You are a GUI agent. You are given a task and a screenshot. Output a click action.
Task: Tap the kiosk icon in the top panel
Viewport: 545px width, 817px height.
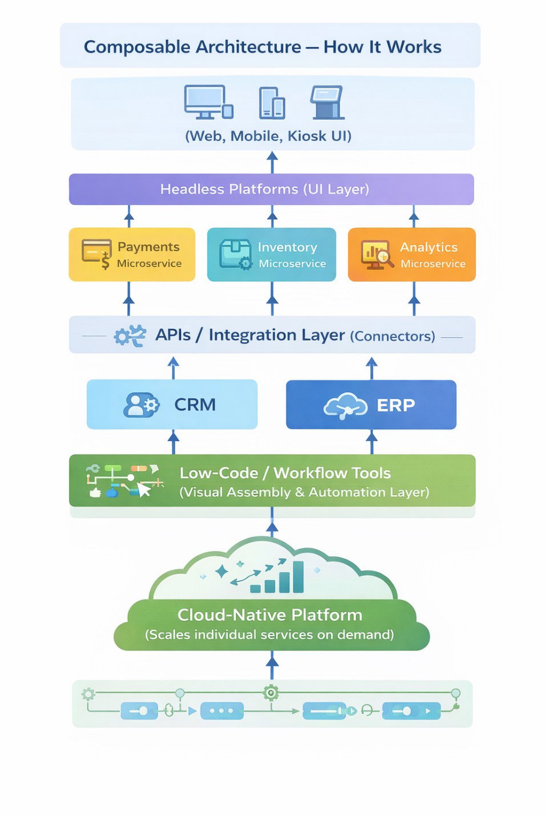327,102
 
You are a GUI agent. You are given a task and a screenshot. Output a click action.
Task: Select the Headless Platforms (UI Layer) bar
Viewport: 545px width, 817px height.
271,189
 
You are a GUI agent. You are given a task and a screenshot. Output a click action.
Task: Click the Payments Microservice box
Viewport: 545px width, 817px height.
132,254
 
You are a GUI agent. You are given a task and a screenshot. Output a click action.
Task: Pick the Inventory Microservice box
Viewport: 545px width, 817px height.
271,254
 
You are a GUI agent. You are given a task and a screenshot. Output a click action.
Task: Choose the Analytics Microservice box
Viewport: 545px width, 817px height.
411,254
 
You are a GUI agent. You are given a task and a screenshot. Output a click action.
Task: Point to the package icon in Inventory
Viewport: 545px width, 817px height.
235,253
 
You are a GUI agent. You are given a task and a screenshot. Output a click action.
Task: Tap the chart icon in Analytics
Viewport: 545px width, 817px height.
376,254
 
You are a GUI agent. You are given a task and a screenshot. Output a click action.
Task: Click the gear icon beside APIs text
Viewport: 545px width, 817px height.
129,336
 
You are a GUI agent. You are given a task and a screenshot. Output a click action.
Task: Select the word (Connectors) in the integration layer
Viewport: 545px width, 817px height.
392,336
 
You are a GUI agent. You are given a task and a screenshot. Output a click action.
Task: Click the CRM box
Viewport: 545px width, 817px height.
172,404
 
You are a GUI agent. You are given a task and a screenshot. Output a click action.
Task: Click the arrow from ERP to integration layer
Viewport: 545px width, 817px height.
372,368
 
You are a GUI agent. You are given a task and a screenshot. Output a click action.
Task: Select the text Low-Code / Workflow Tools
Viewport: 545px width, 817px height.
285,473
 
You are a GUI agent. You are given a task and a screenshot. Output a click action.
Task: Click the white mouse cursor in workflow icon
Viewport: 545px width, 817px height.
144,490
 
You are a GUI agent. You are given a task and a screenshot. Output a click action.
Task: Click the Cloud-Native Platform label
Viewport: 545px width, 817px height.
269,614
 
